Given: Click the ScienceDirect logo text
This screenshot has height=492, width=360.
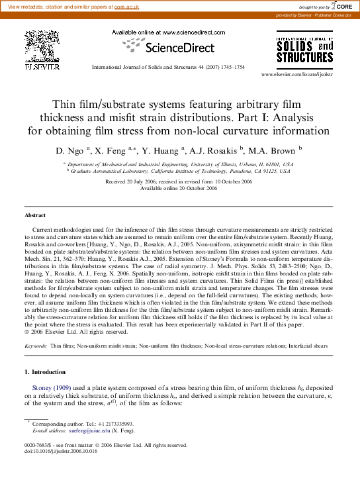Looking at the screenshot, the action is pos(179,48).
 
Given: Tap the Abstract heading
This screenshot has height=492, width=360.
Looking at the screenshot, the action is pos(35,215).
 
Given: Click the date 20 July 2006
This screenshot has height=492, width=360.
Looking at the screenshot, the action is pos(140,181).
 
